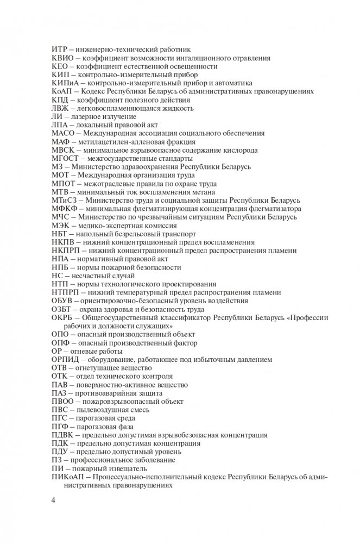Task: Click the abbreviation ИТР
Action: [59, 49]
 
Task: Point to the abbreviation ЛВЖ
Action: [60, 108]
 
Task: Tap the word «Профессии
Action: [306, 317]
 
